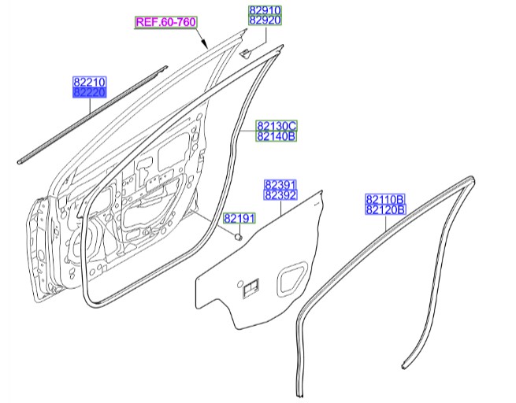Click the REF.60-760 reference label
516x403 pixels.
tap(165, 22)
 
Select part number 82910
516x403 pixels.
tap(265, 10)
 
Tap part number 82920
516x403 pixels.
tap(265, 20)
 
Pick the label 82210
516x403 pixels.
tap(90, 82)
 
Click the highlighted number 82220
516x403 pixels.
tap(90, 92)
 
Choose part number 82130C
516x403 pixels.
tap(276, 126)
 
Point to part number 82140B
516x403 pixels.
tap(276, 136)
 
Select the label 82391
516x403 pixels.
tap(280, 184)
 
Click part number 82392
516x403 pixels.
tap(280, 194)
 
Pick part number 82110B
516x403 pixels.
tap(384, 200)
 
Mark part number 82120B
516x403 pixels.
tap(384, 210)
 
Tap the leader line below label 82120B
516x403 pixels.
tap(384, 222)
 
